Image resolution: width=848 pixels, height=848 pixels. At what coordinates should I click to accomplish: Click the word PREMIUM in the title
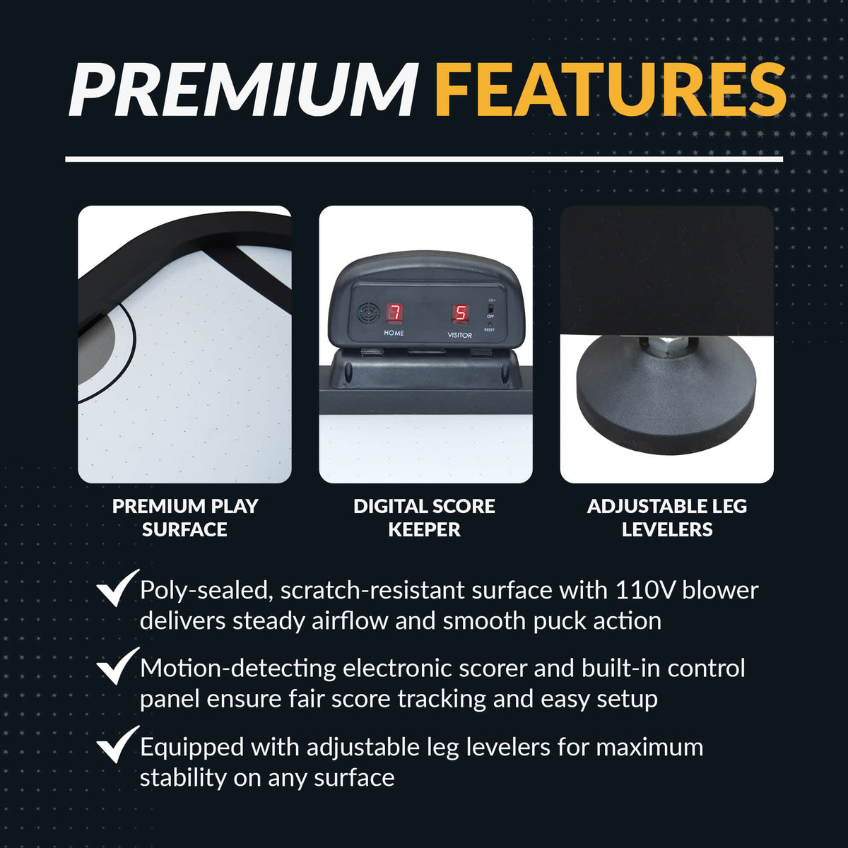coord(243,90)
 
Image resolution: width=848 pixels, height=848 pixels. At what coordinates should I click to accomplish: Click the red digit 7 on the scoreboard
coord(395,313)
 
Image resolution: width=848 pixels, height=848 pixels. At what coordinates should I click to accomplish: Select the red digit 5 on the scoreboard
coord(460,314)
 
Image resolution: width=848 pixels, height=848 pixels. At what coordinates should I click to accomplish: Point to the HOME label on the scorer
coord(394,333)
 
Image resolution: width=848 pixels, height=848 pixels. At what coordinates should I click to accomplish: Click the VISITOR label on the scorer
coord(459,336)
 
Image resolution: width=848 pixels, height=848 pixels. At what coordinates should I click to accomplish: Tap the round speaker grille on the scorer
coord(368,314)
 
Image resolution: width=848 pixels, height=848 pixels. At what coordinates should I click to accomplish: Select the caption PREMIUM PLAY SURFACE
coord(185,517)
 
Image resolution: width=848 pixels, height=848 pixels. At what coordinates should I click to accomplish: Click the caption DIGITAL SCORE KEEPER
coord(424,517)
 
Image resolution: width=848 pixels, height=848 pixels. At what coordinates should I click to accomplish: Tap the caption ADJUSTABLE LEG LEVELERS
coord(666,517)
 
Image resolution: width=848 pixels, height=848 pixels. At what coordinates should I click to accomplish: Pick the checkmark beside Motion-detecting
coord(117,666)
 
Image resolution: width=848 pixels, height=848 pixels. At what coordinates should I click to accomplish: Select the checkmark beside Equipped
coord(117,744)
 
